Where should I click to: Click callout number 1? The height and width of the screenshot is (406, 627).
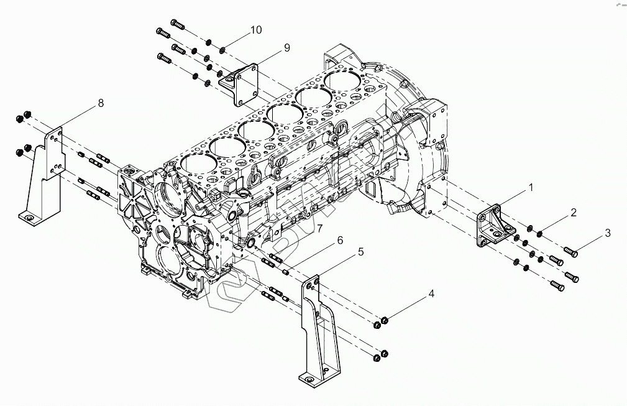(x=531, y=187)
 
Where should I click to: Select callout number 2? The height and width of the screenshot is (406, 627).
(x=574, y=213)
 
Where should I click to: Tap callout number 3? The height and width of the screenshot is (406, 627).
(x=608, y=233)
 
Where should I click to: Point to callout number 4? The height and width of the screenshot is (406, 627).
(x=431, y=294)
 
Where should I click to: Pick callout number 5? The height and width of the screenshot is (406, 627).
(x=360, y=252)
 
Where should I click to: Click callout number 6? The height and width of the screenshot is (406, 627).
(x=340, y=240)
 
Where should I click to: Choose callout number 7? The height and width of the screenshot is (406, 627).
(x=319, y=229)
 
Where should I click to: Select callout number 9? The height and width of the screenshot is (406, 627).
(x=286, y=47)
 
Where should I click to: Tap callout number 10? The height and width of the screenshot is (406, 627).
(x=256, y=30)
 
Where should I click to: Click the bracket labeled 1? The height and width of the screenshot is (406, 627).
(x=494, y=228)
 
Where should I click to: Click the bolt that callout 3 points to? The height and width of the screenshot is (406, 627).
(x=570, y=252)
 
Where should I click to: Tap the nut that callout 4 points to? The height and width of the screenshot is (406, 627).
(x=384, y=320)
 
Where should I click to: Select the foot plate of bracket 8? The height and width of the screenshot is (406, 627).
(x=27, y=217)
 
